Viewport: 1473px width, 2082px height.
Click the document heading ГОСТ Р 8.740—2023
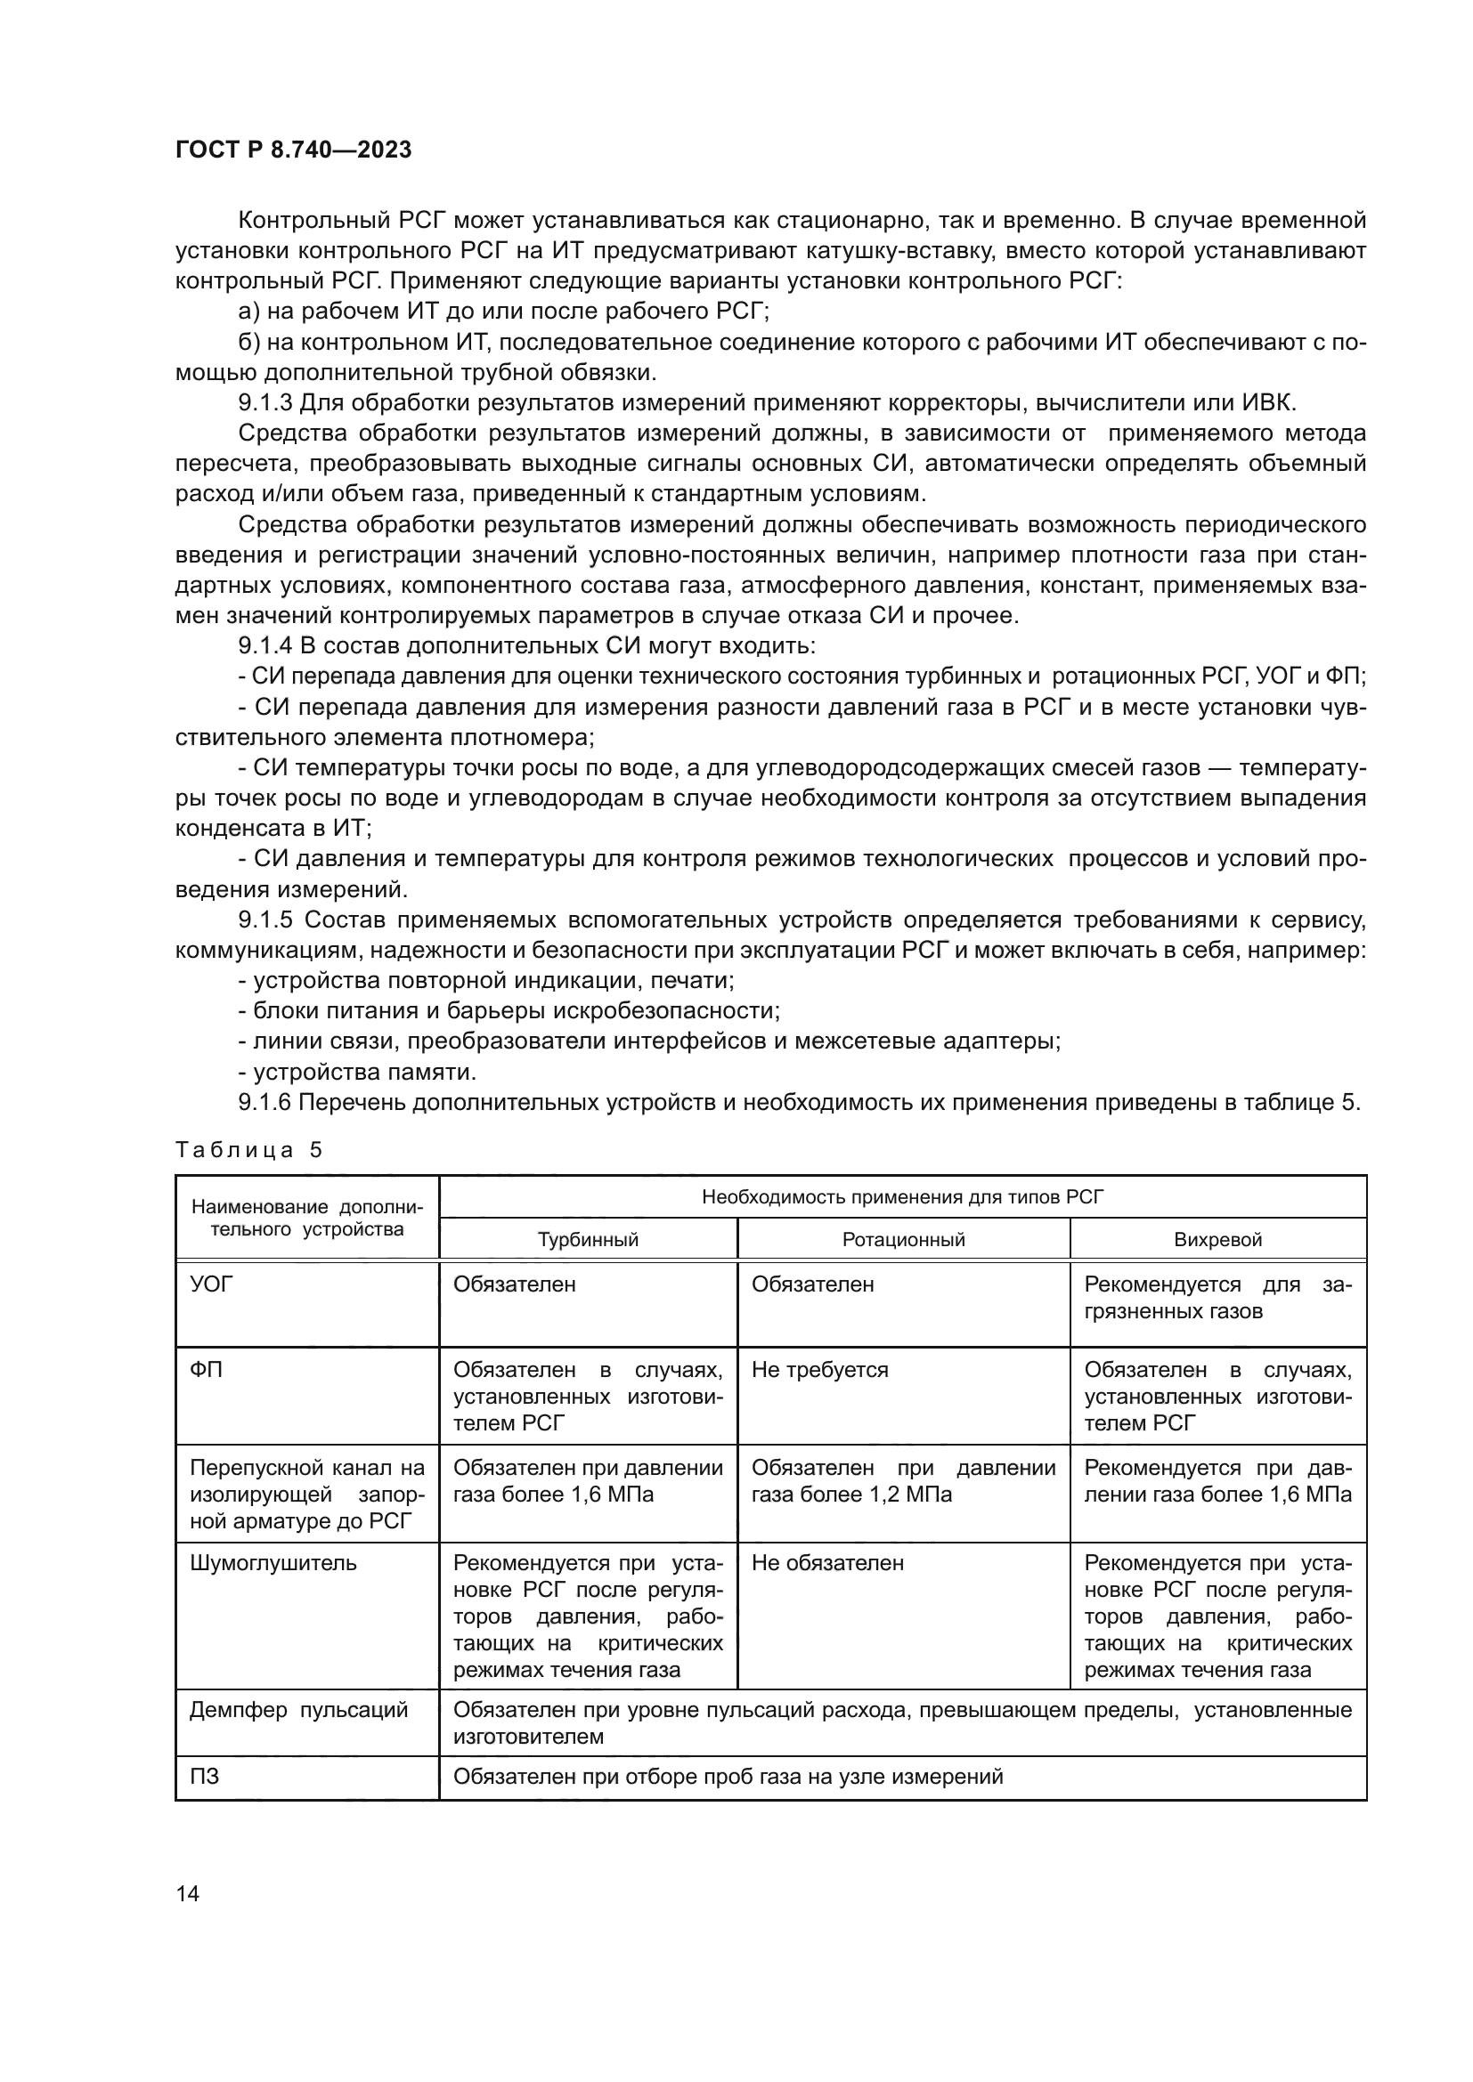pyautogui.click(x=293, y=150)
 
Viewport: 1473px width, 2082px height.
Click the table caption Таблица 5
pyautogui.click(x=248, y=1150)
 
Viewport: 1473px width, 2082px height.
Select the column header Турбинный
pyautogui.click(x=588, y=1240)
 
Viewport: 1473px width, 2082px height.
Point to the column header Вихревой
pyautogui.click(x=1217, y=1240)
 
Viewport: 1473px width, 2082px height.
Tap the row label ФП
pyautogui.click(x=206, y=1369)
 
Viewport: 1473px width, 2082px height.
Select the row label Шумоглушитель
pyautogui.click(x=273, y=1563)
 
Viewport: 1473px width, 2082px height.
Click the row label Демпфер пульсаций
pyautogui.click(x=298, y=1710)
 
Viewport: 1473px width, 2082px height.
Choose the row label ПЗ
pyautogui.click(x=204, y=1777)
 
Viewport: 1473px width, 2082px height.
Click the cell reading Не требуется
pyautogui.click(x=820, y=1369)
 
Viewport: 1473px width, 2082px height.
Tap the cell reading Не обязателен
pyautogui.click(x=827, y=1563)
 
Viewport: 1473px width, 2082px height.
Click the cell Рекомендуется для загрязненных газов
pyautogui.click(x=1217, y=1299)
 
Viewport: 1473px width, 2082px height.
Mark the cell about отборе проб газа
pyautogui.click(x=728, y=1777)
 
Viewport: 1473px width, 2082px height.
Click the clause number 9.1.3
pyautogui.click(x=265, y=402)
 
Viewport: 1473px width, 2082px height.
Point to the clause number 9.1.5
pyautogui.click(x=265, y=919)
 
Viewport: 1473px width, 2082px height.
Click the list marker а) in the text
pyautogui.click(x=249, y=311)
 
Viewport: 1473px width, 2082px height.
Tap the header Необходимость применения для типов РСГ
pyautogui.click(x=902, y=1197)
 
